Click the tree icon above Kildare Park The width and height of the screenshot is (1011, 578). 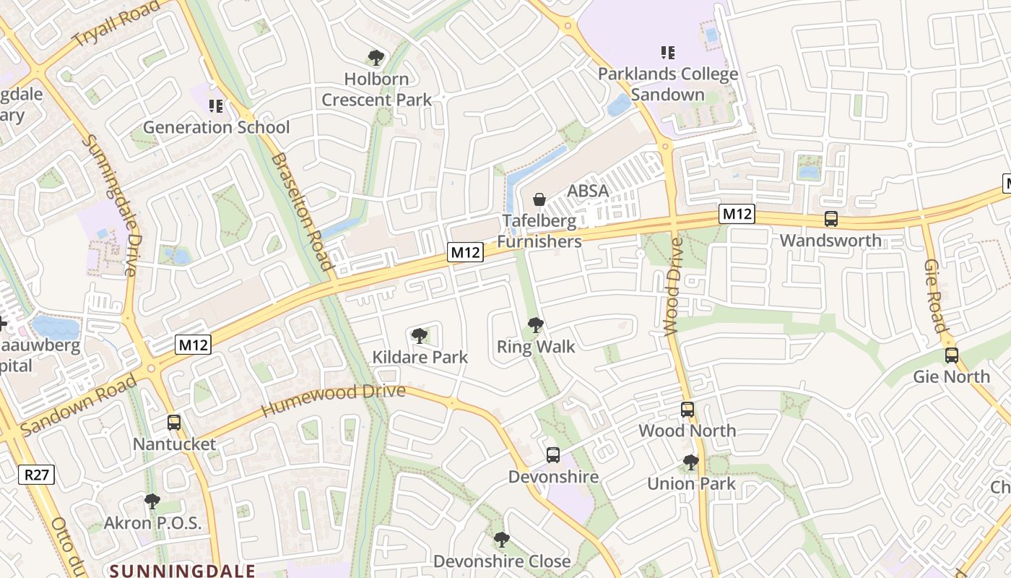point(419,335)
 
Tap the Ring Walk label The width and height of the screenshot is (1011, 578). point(536,347)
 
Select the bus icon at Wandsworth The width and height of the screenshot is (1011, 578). point(831,219)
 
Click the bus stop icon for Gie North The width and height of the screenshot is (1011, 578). point(952,355)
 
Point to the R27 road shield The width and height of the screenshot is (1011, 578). point(36,475)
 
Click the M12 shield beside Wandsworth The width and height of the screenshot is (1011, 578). point(737,214)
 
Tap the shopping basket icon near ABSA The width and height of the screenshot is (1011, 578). point(539,199)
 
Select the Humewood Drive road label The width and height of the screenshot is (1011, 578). point(333,400)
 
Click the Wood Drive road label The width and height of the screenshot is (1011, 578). point(673,288)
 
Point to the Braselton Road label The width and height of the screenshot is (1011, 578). point(303,212)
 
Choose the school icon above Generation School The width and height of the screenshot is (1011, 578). point(215,106)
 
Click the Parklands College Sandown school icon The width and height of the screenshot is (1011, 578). point(668,52)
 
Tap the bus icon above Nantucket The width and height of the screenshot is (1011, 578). point(174,423)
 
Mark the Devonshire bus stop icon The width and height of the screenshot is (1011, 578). point(553,455)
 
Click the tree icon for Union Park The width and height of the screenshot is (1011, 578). point(691,462)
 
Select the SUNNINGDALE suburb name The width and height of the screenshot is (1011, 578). point(183,571)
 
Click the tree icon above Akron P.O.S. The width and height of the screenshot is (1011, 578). point(152,501)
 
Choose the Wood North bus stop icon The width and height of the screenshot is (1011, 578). point(687,410)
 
